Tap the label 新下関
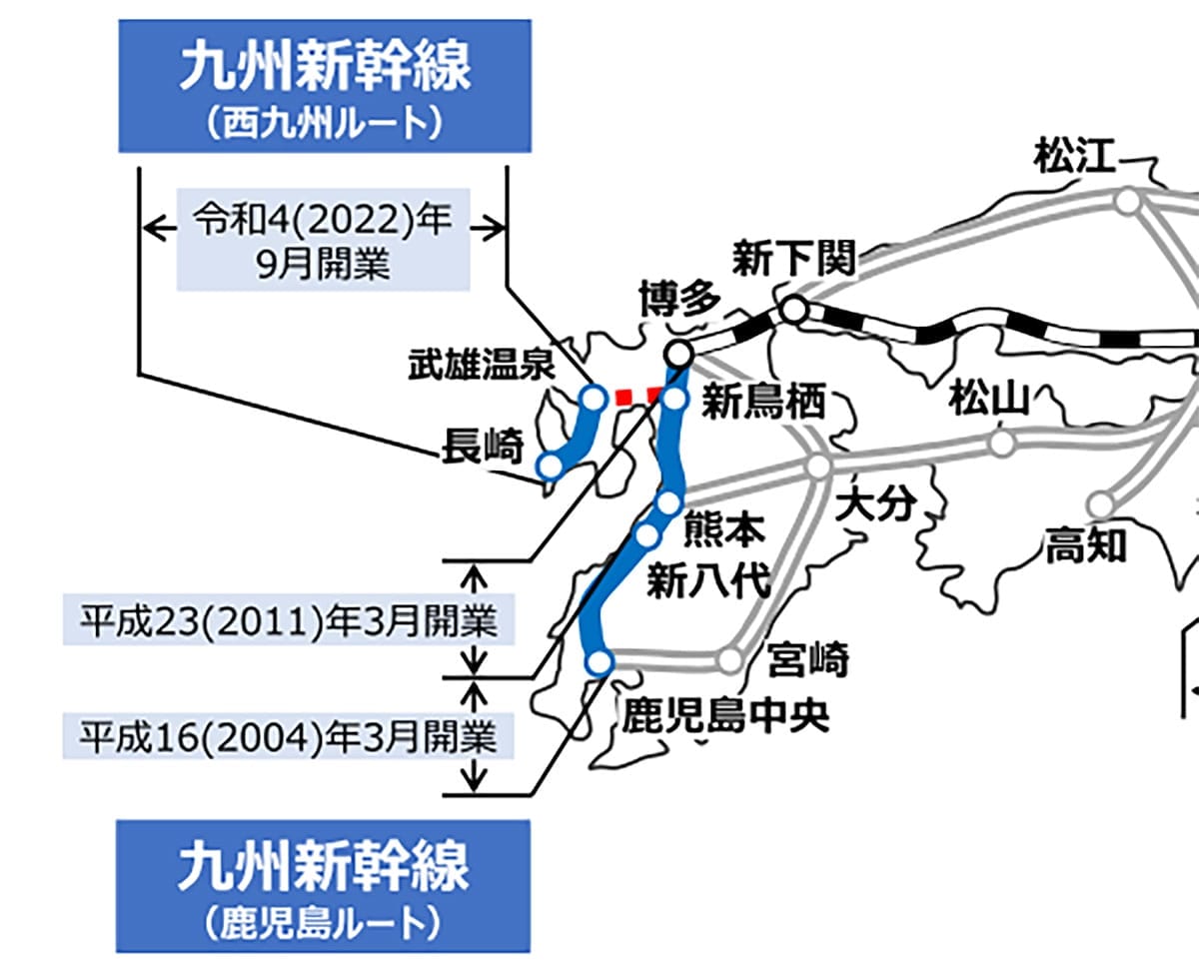794,258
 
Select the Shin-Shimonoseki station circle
794,309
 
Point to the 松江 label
1075,157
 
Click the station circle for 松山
1001,443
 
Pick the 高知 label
1086,546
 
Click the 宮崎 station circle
730,660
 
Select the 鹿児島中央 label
726,715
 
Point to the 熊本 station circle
668,502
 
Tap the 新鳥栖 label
763,403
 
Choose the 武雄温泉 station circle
594,399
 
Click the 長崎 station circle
549,466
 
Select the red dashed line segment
636,397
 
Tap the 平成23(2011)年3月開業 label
289,621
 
